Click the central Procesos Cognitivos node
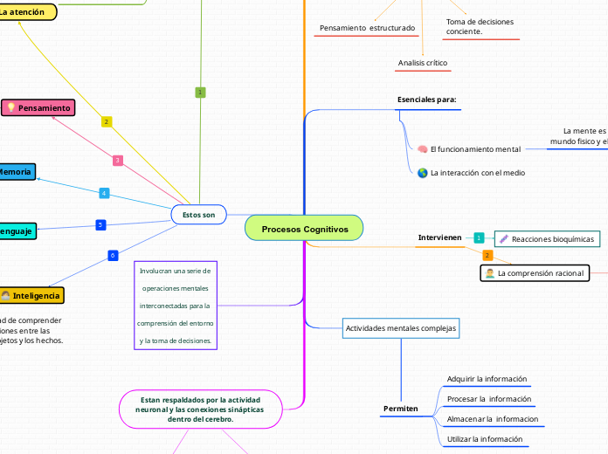click(x=304, y=229)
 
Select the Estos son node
click(x=199, y=214)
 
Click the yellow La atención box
click(x=27, y=12)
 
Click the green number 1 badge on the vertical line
click(x=200, y=92)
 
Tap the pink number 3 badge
click(x=117, y=160)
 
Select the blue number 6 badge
click(x=112, y=255)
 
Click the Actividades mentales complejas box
click(x=401, y=328)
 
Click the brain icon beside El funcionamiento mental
click(x=423, y=149)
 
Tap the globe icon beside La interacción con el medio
click(x=423, y=173)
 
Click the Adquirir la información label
click(x=487, y=379)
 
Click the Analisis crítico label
click(x=423, y=63)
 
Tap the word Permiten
click(x=401, y=409)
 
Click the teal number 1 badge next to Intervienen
click(x=479, y=237)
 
